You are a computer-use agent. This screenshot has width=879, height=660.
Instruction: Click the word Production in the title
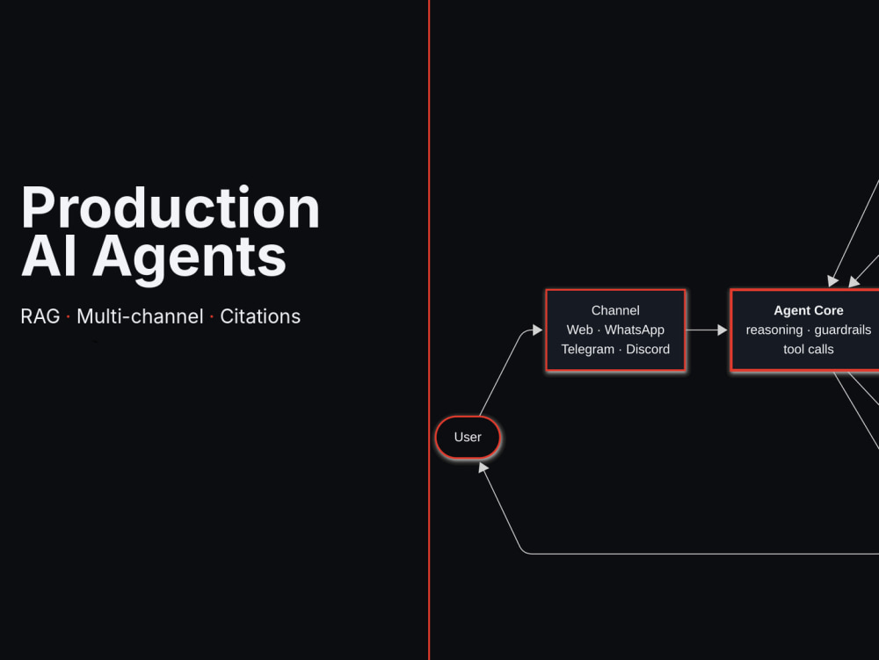click(x=171, y=207)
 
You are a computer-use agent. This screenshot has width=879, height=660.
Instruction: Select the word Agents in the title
click(x=190, y=260)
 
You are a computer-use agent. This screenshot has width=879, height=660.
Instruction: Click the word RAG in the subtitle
click(x=40, y=316)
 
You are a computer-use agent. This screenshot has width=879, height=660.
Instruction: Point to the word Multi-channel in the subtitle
click(x=140, y=316)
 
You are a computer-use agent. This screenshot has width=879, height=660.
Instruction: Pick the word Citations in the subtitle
click(x=260, y=316)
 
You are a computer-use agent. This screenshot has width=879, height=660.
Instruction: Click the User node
click(x=469, y=437)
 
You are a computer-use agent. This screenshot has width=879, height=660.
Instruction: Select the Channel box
click(x=615, y=330)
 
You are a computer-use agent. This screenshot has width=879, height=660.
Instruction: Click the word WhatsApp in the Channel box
click(x=635, y=330)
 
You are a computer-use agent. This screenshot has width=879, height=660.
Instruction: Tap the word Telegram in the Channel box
click(x=587, y=350)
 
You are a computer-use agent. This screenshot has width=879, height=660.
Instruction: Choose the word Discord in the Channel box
click(x=648, y=349)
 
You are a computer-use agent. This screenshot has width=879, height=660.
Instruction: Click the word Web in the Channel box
click(x=579, y=330)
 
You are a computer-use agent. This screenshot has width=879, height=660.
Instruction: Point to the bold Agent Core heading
click(x=809, y=310)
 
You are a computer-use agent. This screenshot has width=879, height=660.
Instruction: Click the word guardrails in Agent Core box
click(x=843, y=330)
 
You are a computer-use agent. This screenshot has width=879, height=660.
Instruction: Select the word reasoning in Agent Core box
click(x=774, y=330)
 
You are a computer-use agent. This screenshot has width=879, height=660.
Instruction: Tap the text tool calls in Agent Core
click(x=809, y=349)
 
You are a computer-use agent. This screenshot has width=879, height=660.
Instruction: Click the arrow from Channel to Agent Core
click(x=707, y=330)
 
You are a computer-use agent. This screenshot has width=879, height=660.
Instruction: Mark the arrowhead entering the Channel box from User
click(x=538, y=330)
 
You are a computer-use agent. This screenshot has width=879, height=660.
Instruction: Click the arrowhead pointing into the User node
click(x=483, y=468)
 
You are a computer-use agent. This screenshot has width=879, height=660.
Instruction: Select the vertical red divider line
click(x=429, y=330)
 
